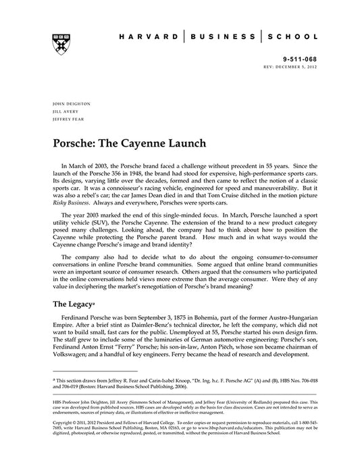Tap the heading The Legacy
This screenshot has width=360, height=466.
coord(73,305)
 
